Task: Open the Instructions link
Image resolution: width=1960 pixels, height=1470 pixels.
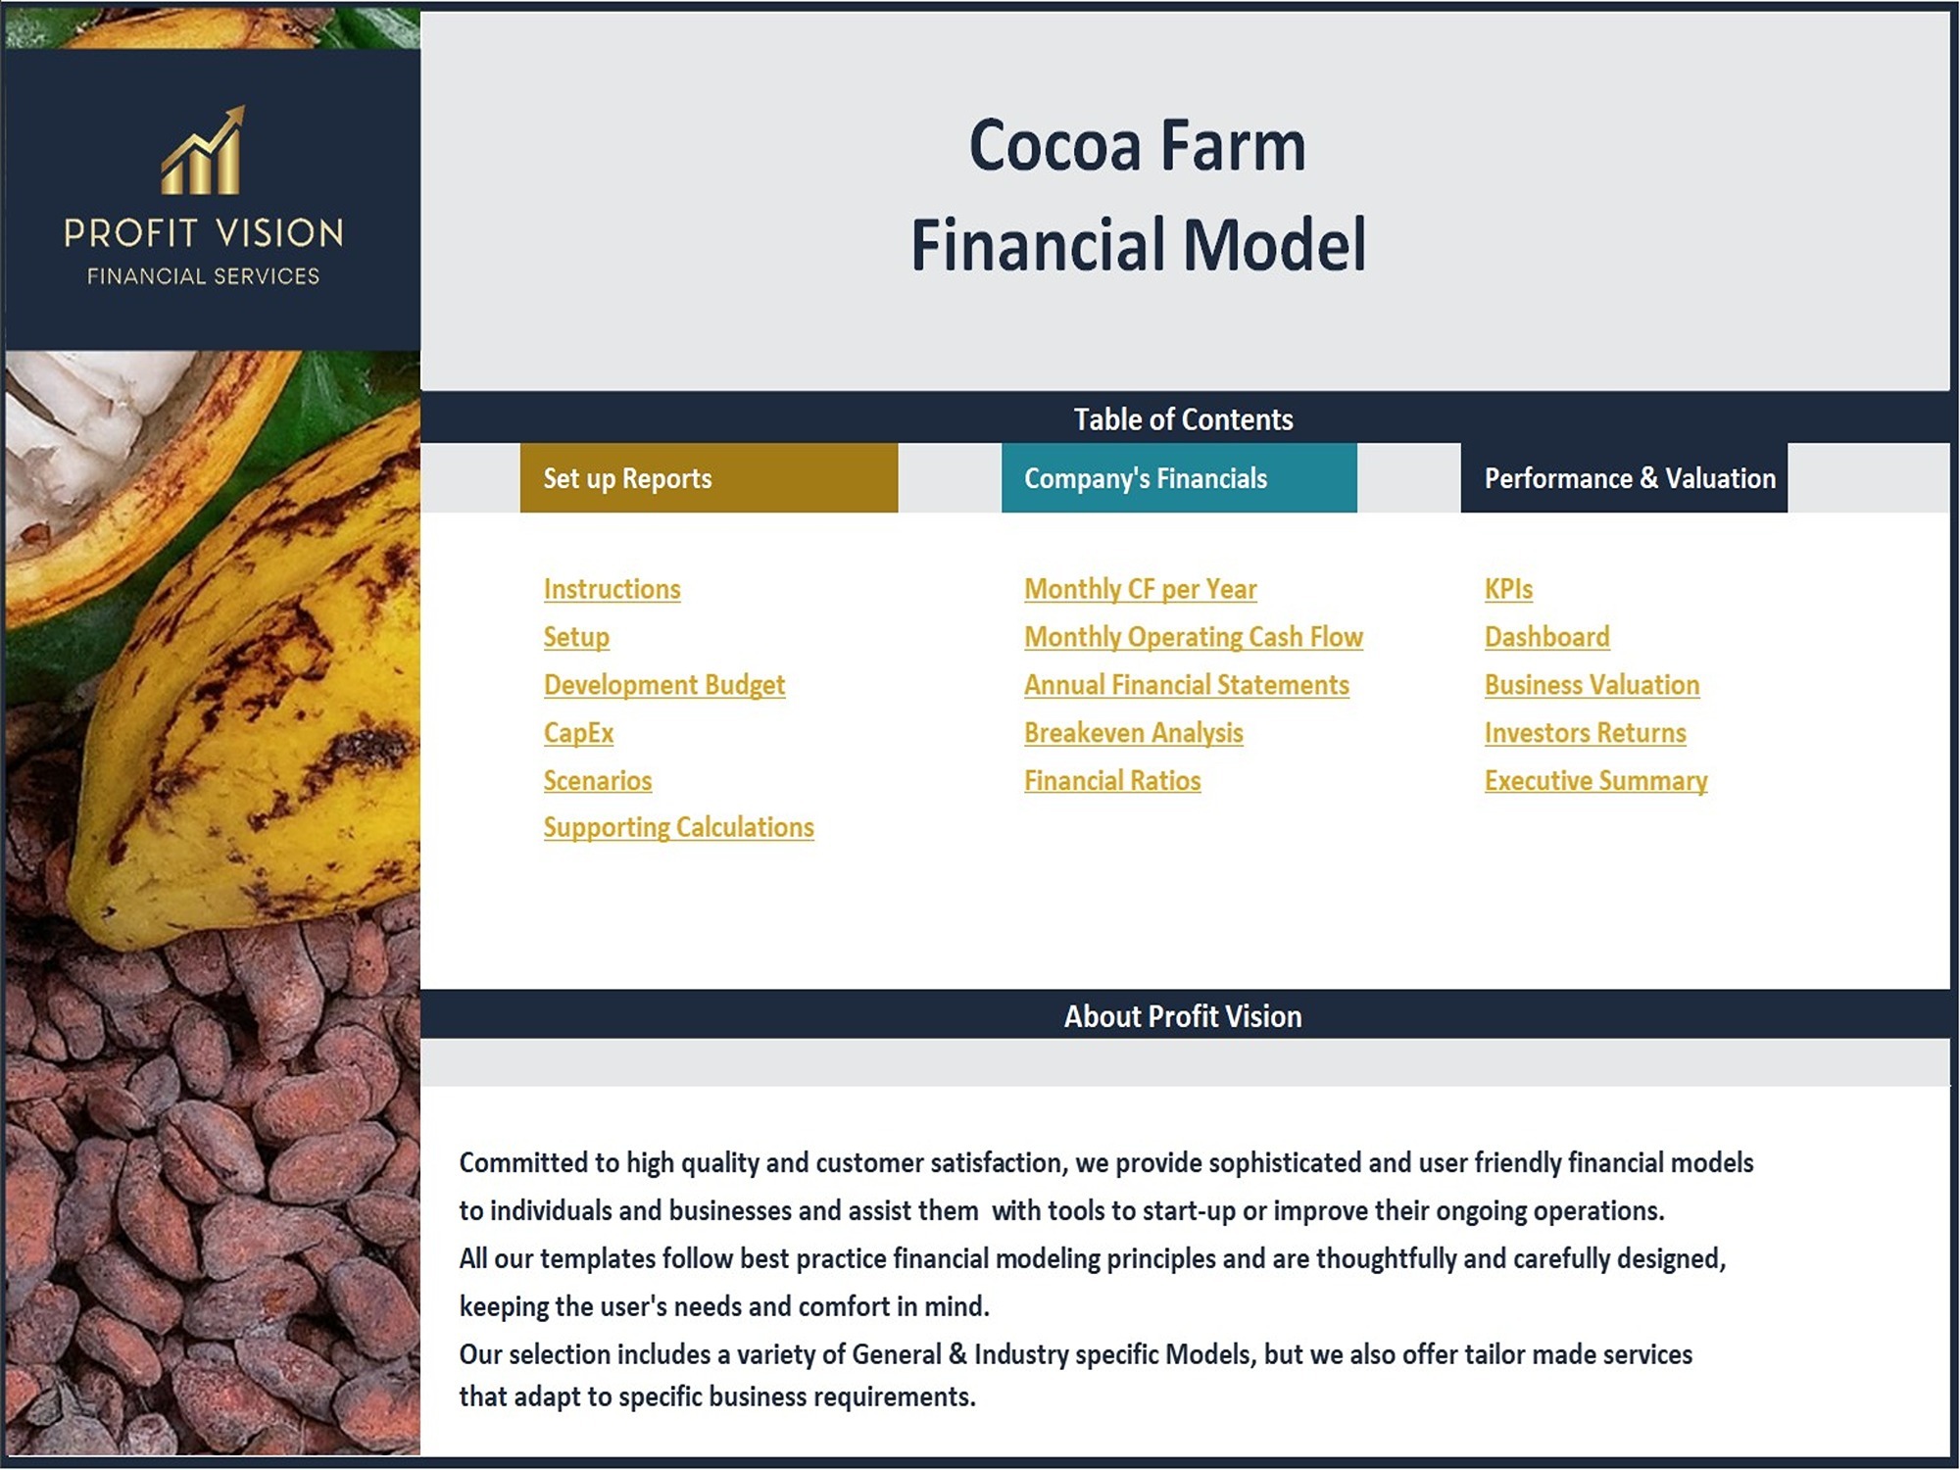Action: tap(612, 589)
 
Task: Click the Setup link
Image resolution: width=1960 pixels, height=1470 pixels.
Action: tap(576, 637)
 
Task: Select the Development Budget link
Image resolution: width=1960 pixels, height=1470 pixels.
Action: tap(664, 685)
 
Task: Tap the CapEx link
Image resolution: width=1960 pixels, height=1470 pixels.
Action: tap(578, 733)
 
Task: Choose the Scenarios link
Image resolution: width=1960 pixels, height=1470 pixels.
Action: tap(598, 781)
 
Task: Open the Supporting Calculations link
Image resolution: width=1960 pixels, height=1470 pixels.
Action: tap(679, 827)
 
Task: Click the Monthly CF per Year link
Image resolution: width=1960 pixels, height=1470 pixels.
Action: tap(1141, 589)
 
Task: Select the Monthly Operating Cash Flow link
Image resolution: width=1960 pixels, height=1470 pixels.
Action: tap(1194, 637)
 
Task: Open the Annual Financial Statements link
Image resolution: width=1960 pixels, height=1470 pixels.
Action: tap(1187, 685)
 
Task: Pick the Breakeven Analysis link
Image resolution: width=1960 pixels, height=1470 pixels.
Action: tap(1134, 733)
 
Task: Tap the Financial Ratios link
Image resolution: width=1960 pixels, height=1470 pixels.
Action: tap(1112, 781)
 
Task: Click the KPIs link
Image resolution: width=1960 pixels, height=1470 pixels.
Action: tap(1508, 589)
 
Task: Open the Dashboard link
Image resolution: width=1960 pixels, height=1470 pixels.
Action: tap(1546, 637)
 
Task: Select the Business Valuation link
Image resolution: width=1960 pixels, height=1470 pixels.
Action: tap(1592, 685)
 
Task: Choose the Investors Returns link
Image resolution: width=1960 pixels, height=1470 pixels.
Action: tap(1585, 733)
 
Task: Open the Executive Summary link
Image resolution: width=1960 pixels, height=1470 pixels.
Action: tap(1595, 781)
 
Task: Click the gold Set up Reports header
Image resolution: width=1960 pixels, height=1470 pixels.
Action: tap(709, 478)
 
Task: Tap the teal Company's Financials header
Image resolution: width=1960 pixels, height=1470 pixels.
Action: tap(1179, 478)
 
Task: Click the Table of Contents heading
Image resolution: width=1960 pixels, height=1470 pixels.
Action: tap(1183, 419)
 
